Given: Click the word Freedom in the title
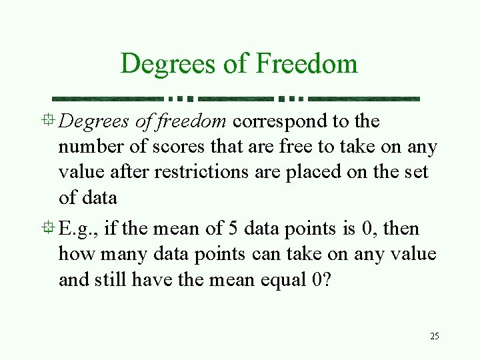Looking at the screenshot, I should (307, 64).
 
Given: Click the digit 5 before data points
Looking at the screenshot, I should (233, 229).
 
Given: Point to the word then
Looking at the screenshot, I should (401, 229).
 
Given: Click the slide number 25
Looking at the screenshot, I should (435, 336).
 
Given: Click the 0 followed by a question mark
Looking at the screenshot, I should (316, 279).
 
